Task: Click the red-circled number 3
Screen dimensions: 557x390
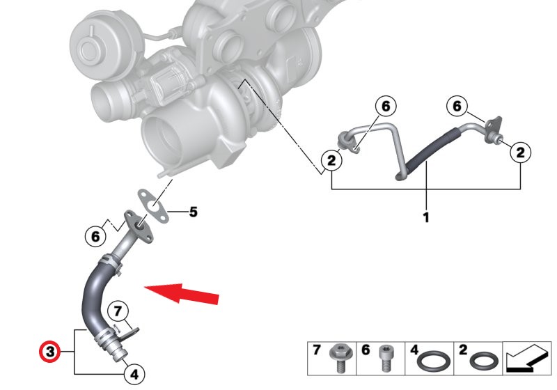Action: [49, 352]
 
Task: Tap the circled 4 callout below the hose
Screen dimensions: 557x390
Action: [134, 374]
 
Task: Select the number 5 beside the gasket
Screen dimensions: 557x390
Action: [194, 212]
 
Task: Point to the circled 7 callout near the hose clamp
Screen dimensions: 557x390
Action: [118, 311]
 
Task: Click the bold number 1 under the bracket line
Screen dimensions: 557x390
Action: [426, 217]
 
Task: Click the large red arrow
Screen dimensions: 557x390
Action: [182, 293]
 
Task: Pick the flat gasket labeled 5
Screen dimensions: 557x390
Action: [152, 206]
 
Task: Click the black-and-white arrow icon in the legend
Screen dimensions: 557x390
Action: [527, 359]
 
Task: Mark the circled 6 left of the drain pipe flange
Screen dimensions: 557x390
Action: [95, 236]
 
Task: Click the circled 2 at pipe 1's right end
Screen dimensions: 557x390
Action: [520, 153]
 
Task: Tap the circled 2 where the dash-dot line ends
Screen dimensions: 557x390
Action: [331, 160]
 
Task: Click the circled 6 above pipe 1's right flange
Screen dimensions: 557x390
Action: [457, 105]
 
